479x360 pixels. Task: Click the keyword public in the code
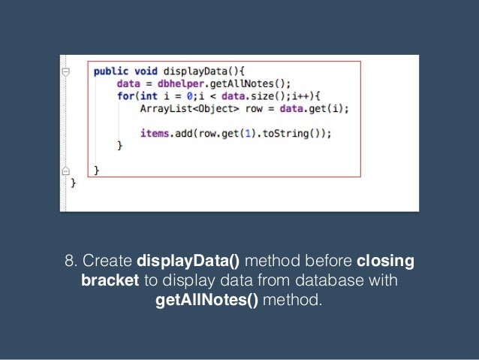[110, 71]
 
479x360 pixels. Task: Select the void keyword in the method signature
[143, 71]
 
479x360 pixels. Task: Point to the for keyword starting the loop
[125, 95]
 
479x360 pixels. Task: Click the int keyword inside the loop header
[149, 95]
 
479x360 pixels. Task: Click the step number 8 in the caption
[70, 262]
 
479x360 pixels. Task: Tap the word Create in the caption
[107, 262]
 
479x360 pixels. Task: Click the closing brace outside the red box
[73, 183]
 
